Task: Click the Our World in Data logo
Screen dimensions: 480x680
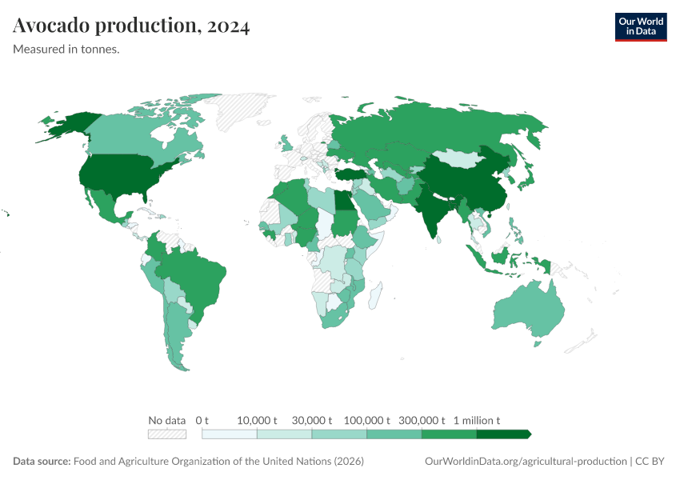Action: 640,26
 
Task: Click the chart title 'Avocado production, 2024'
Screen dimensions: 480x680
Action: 131,26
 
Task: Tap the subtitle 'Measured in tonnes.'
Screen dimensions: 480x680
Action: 66,50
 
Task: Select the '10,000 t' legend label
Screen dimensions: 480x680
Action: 257,420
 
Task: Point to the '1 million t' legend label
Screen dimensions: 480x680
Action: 477,420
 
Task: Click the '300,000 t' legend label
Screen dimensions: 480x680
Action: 422,420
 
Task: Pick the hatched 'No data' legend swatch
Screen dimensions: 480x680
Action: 166,434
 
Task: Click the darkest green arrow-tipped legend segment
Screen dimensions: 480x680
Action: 503,434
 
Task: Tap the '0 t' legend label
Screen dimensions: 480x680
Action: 202,420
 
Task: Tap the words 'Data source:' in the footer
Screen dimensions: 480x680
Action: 42,462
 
